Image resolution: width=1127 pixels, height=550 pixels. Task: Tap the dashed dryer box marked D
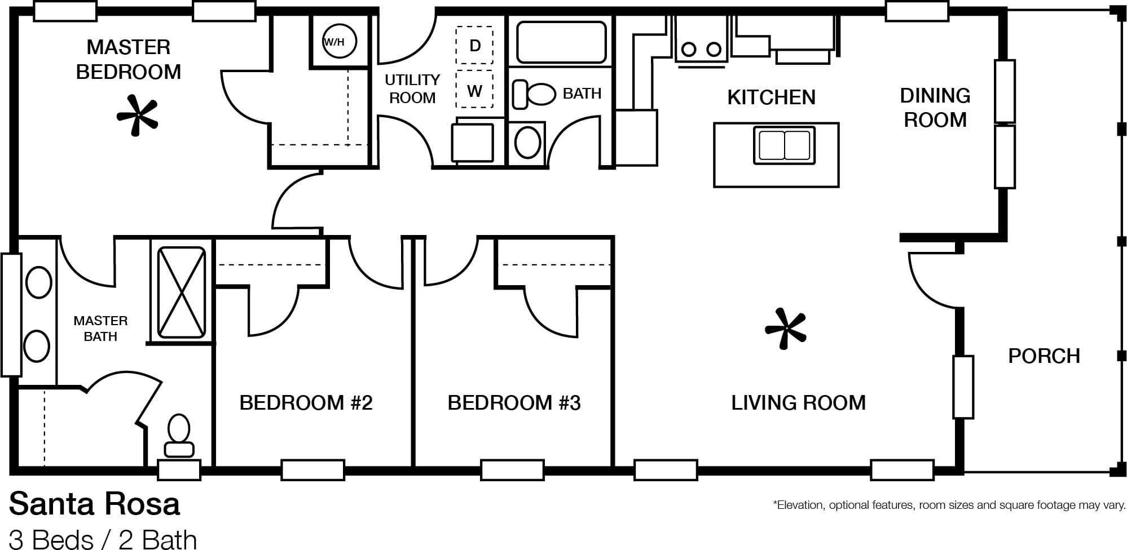[x=474, y=45]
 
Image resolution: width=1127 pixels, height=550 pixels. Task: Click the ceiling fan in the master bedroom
[x=137, y=116]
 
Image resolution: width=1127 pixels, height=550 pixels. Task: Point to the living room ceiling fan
[x=785, y=329]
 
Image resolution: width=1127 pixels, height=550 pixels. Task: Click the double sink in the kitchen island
[x=784, y=145]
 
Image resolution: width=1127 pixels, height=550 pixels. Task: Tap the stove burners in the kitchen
[x=701, y=50]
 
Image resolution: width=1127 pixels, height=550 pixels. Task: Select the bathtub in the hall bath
[x=561, y=42]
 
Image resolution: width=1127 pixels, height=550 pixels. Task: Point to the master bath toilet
[x=179, y=436]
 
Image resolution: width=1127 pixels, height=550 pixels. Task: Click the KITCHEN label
[x=771, y=97]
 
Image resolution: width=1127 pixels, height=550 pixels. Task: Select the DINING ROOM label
[x=935, y=108]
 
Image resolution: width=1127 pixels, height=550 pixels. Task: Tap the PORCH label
[x=1044, y=356]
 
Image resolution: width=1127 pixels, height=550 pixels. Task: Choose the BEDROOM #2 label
[x=306, y=403]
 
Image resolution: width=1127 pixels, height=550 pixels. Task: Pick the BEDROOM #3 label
[x=514, y=403]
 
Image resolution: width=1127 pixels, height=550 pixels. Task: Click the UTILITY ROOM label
[x=412, y=89]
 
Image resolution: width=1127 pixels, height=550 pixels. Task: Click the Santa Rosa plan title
[x=94, y=504]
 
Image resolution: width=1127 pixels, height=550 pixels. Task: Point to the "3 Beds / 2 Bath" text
[x=103, y=539]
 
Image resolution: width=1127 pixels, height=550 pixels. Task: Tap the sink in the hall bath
[x=528, y=142]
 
